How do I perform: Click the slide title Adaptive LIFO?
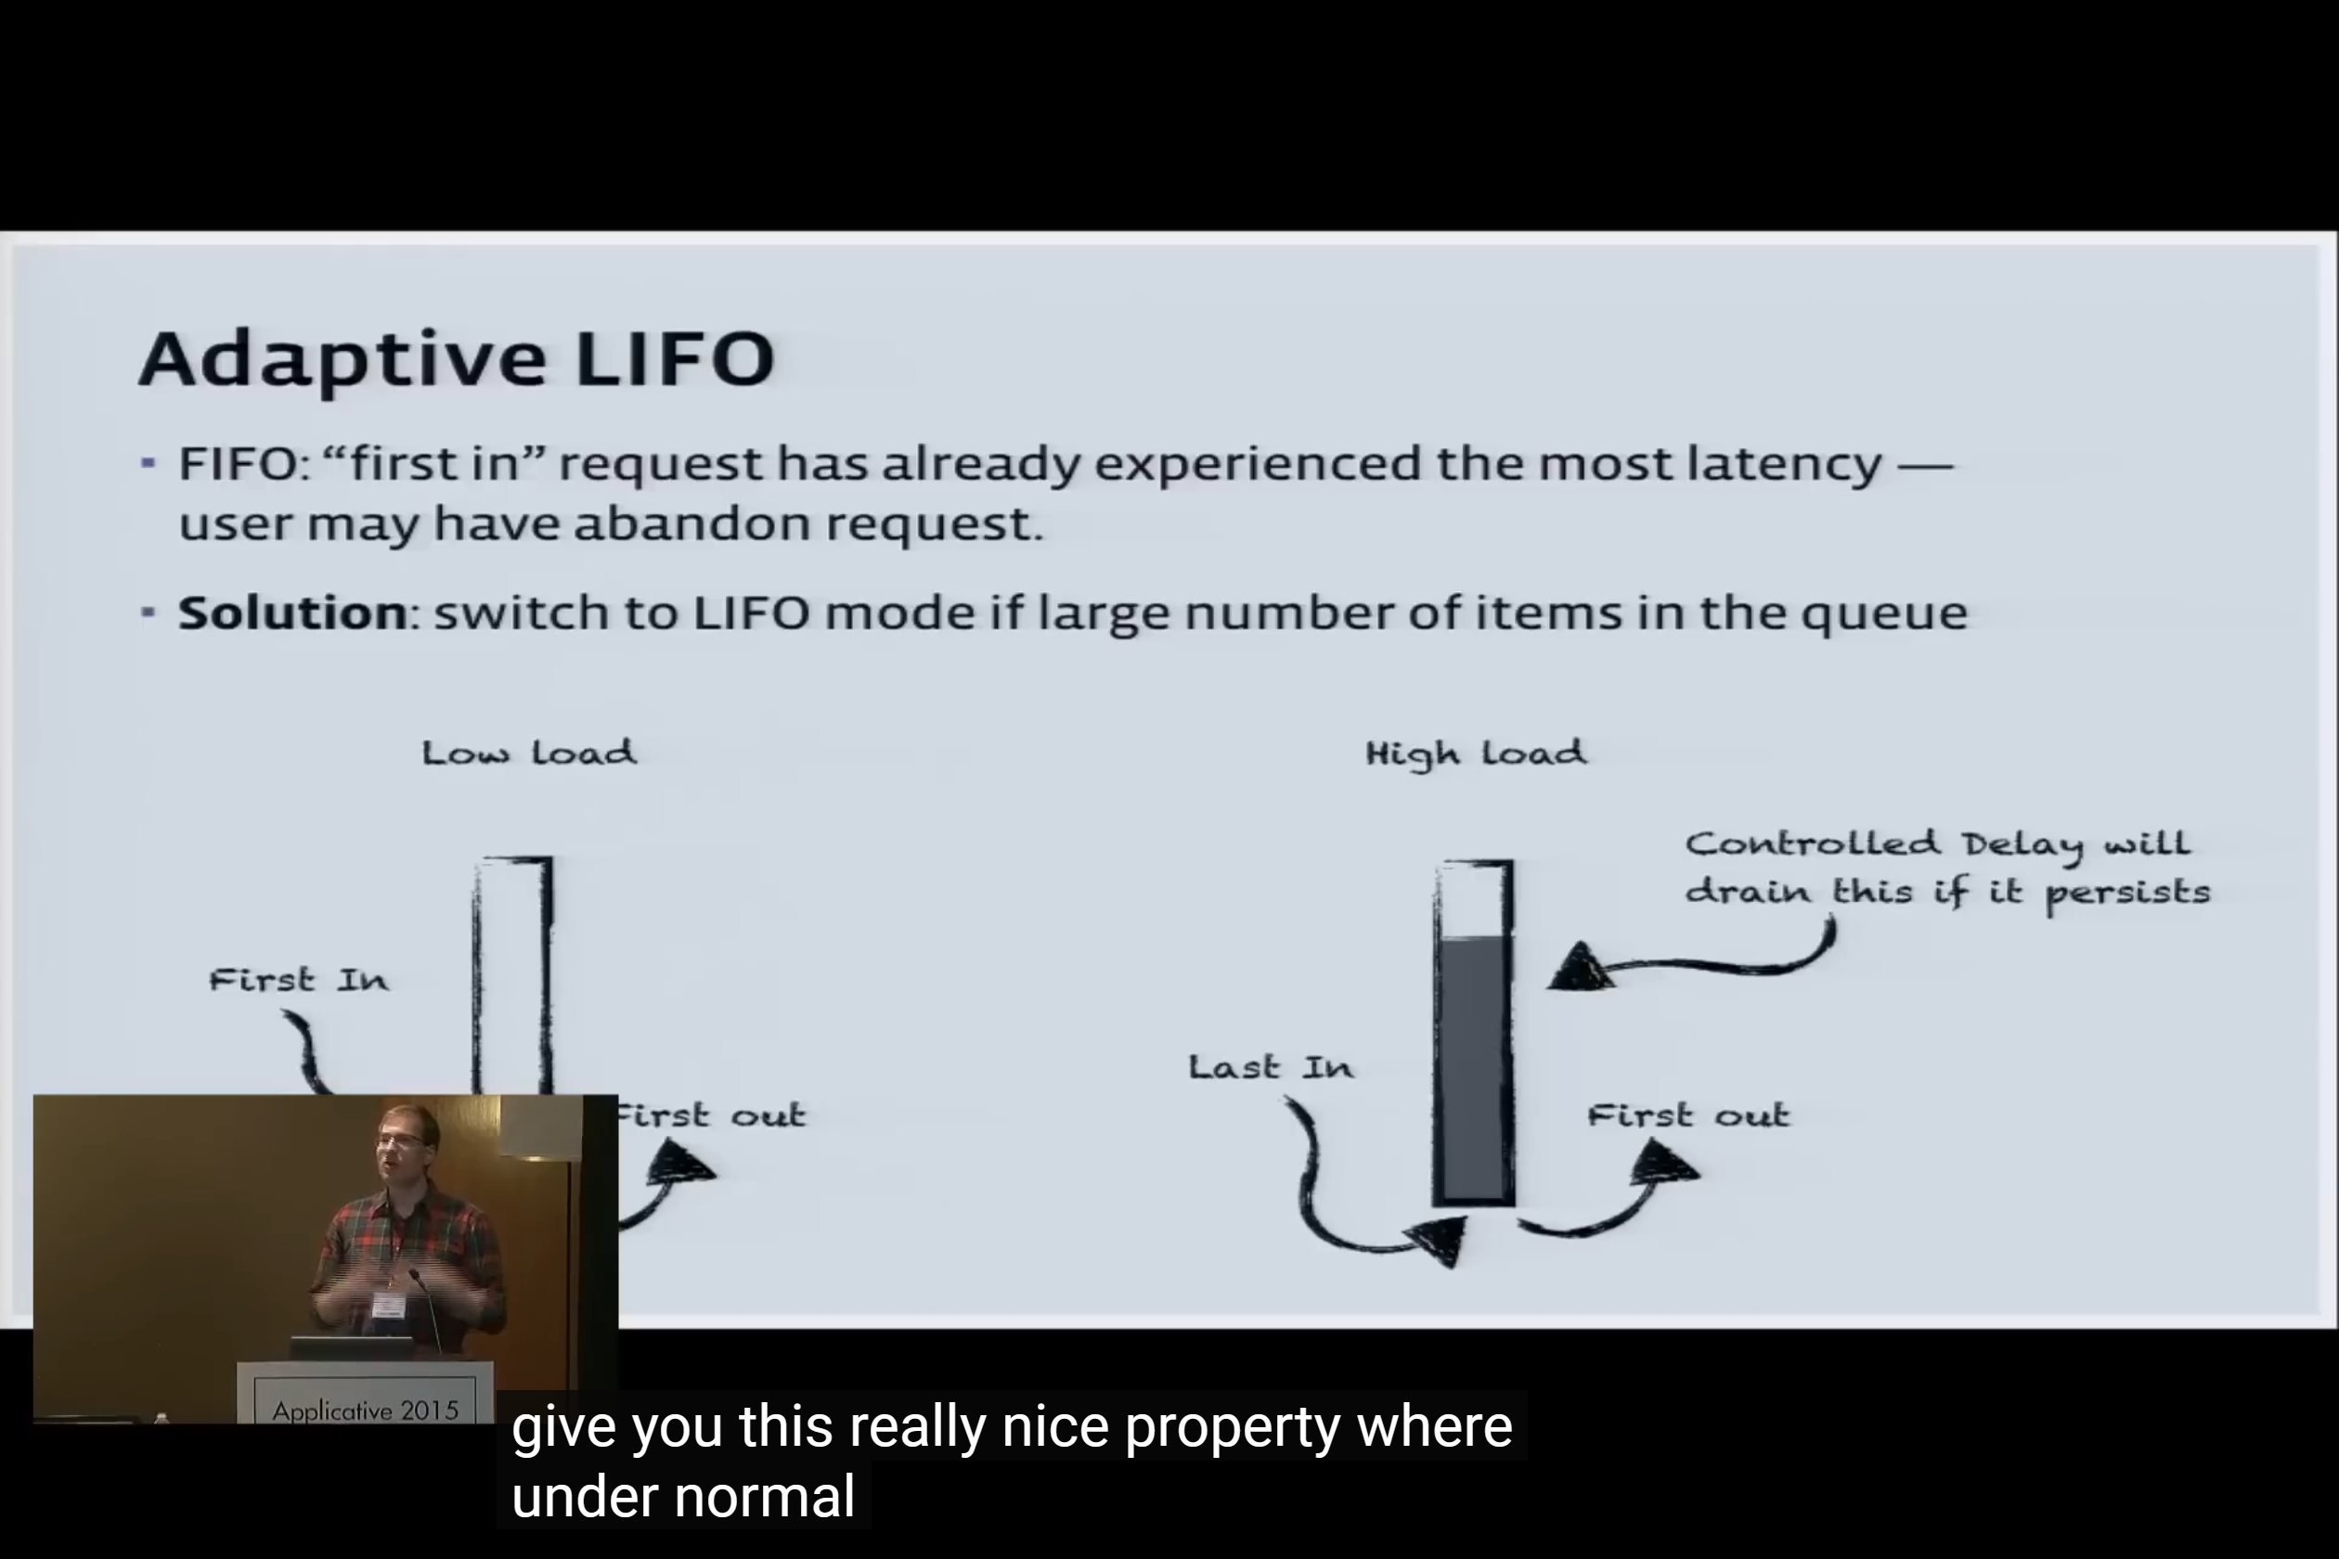click(x=457, y=360)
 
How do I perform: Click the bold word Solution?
click(x=292, y=612)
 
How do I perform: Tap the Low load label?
click(x=529, y=753)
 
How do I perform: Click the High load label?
click(x=1476, y=754)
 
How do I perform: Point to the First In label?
click(x=298, y=980)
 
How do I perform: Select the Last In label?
click(x=1271, y=1068)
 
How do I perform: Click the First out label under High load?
click(x=1688, y=1114)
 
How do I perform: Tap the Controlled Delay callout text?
click(x=1947, y=868)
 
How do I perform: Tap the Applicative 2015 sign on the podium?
click(x=365, y=1410)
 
